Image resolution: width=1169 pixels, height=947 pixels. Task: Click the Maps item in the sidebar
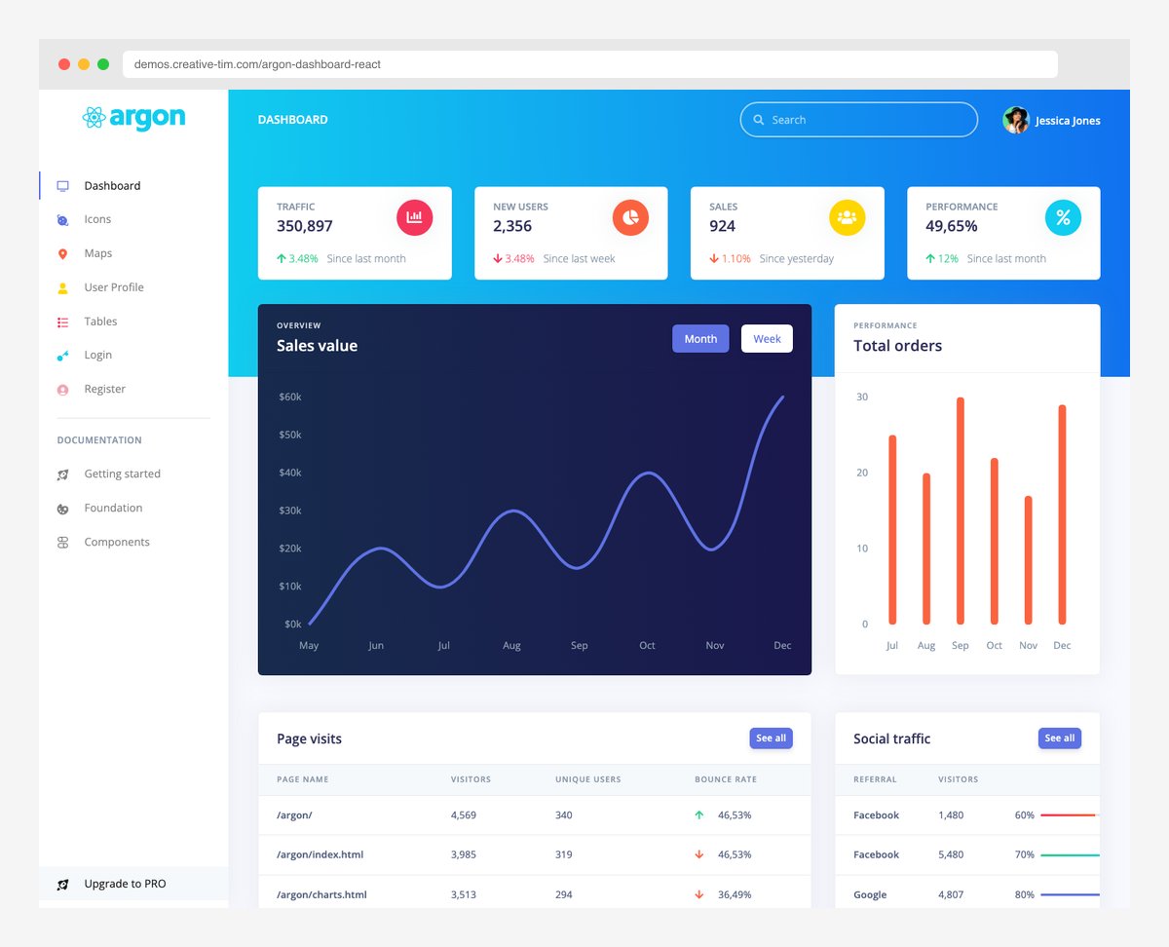97,253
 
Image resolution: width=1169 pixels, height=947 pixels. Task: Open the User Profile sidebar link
113,287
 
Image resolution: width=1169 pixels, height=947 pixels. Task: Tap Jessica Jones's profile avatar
1016,120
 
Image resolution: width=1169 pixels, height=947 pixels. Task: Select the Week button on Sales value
767,339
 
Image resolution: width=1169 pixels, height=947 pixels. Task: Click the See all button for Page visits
771,739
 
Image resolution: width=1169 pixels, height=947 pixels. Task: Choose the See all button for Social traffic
1059,739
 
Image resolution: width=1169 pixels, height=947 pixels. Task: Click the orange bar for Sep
961,511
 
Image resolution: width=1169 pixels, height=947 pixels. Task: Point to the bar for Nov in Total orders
1028,560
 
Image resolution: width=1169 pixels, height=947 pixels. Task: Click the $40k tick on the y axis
290,473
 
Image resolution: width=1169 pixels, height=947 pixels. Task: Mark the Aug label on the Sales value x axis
511,646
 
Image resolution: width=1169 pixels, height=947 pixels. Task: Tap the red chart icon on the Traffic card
414,217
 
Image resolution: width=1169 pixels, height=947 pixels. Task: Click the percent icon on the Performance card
1063,217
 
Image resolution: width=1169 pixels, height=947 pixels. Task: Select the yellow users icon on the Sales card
847,217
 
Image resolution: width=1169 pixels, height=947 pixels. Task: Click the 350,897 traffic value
305,226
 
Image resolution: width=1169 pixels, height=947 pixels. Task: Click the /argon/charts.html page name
321,894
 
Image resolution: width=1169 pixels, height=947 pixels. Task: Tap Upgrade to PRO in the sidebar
125,884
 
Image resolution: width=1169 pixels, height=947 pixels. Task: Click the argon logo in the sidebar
134,118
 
